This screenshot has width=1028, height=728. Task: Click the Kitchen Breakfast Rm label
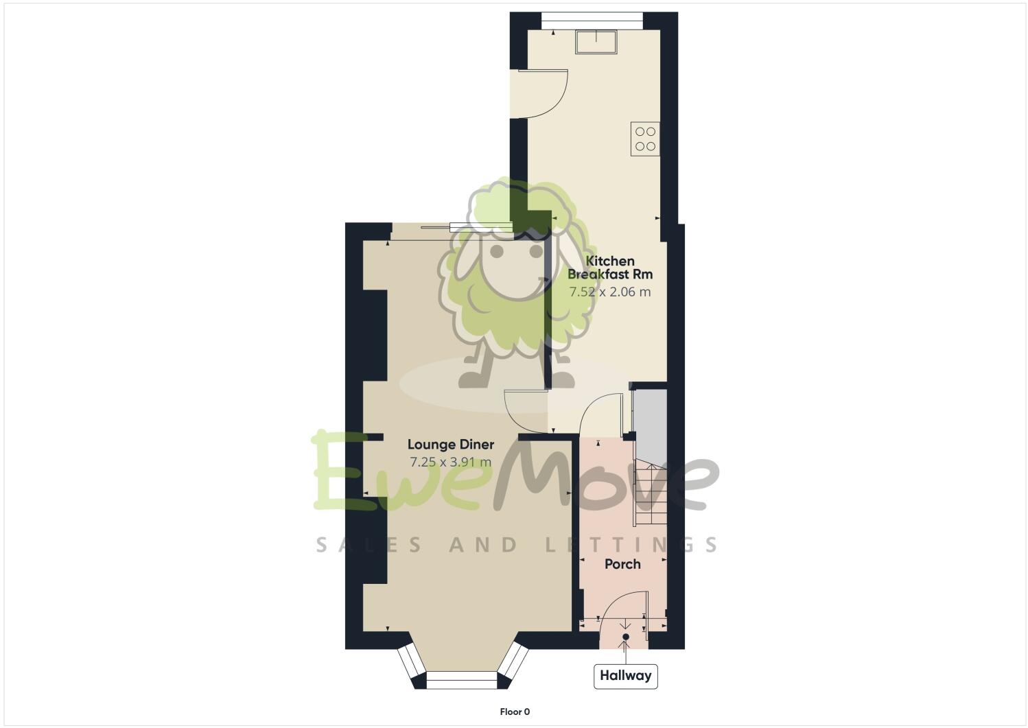[609, 268]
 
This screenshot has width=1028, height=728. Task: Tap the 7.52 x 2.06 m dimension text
[609, 292]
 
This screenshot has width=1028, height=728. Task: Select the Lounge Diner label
[450, 445]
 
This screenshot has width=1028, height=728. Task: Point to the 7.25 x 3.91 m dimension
[450, 462]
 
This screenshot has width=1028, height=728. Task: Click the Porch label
[622, 564]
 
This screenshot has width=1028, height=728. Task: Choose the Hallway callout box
[625, 676]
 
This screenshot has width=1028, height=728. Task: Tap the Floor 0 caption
[514, 712]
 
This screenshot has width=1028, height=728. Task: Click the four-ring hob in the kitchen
[645, 139]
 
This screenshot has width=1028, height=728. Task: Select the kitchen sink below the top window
[596, 41]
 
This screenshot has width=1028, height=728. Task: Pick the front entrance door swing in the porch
[621, 611]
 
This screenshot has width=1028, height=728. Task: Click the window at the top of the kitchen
[592, 21]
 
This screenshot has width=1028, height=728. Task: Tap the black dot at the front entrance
[625, 637]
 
